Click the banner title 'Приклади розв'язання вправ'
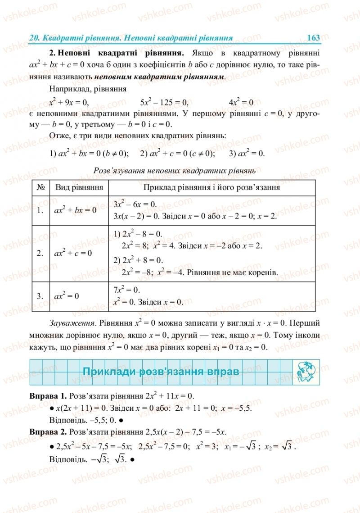pos(161,372)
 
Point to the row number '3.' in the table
pos(40,296)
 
